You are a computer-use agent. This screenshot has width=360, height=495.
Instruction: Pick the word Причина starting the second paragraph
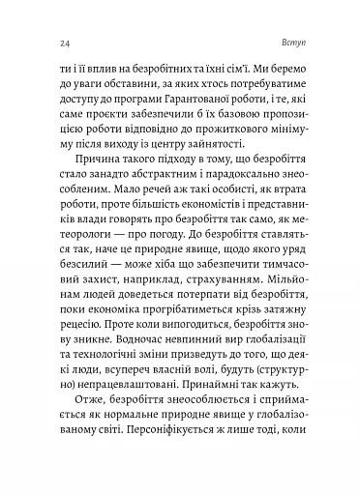click(x=90, y=175)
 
